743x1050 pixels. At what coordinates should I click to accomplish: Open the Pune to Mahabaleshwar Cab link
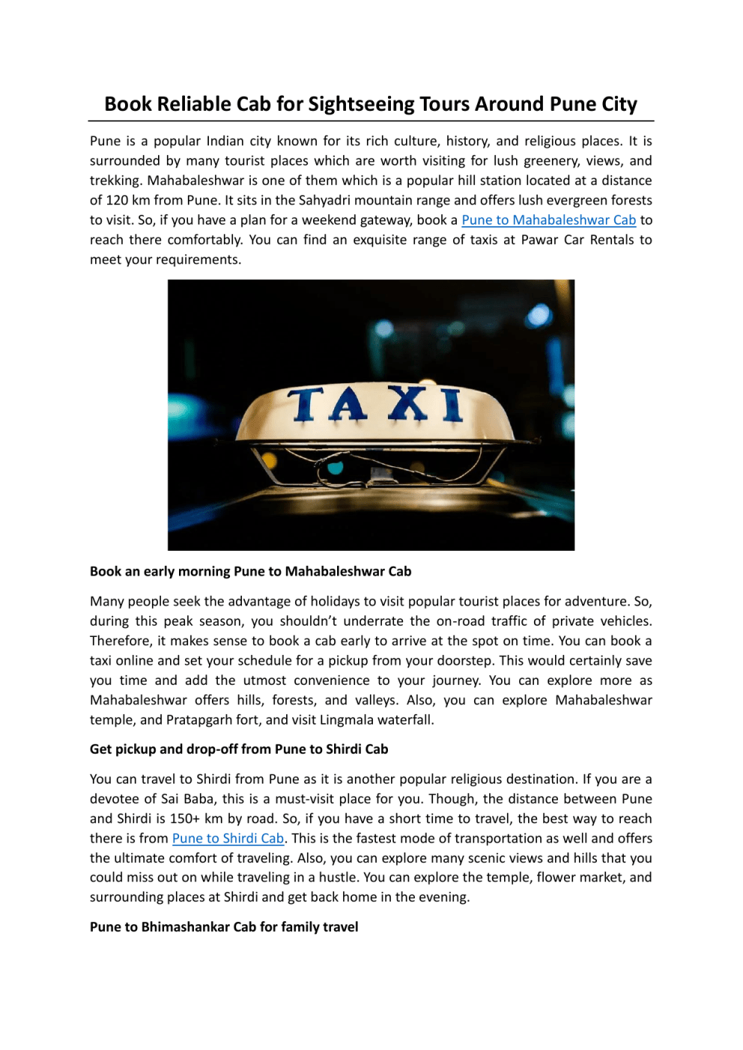pos(548,220)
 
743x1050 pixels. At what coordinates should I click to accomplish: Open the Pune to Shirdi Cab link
pos(228,838)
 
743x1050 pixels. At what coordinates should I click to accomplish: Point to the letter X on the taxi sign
pos(408,404)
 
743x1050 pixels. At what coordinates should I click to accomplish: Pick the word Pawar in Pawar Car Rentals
pos(539,240)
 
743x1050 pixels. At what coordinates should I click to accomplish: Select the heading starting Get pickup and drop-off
pos(239,749)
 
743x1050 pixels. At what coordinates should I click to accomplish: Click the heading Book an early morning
pos(250,572)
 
